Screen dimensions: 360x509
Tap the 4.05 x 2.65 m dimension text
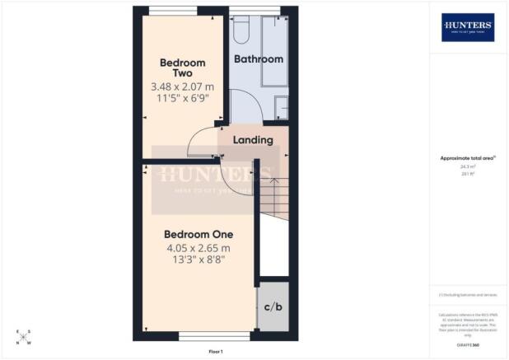[x=198, y=247]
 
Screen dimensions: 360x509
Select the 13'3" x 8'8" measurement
[x=198, y=260]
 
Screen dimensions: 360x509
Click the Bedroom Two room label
[x=182, y=68]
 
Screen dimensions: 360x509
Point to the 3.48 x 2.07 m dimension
[x=182, y=86]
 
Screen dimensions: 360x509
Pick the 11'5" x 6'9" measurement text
[x=182, y=97]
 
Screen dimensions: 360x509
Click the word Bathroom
[x=259, y=59]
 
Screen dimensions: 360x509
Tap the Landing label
[x=253, y=140]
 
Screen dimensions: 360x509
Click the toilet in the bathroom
[x=242, y=30]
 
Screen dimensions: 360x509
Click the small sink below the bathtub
[x=282, y=107]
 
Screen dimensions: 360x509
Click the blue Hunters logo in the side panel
[x=468, y=26]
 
